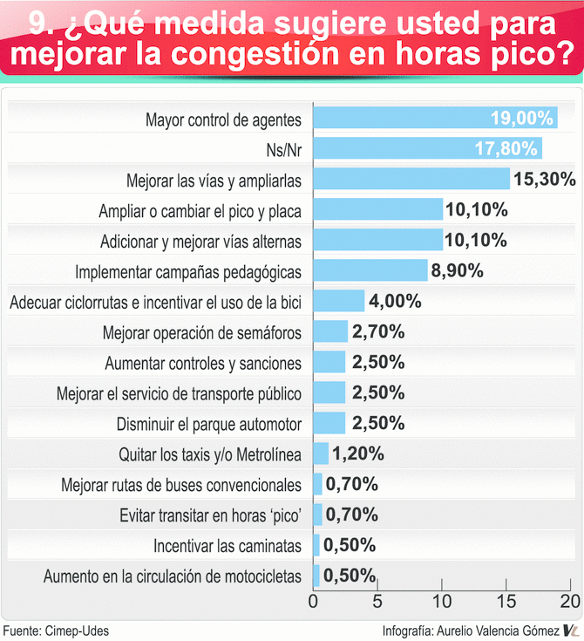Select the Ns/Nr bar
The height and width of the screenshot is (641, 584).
click(x=427, y=148)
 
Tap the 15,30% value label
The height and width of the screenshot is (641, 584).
click(x=545, y=180)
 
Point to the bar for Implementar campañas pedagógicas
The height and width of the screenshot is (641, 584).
click(x=370, y=270)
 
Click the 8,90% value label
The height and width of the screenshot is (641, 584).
click(x=457, y=271)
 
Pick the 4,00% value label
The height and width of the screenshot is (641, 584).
click(x=395, y=302)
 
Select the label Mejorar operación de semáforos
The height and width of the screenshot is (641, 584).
click(x=201, y=332)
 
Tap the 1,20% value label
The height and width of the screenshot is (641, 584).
click(x=359, y=454)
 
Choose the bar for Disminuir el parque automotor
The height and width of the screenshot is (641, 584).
click(x=329, y=424)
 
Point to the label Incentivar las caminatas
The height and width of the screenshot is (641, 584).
click(x=227, y=546)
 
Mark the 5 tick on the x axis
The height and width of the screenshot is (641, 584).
click(x=377, y=602)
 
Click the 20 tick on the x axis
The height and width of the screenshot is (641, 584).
click(x=570, y=602)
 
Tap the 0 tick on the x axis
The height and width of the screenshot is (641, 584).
click(x=314, y=602)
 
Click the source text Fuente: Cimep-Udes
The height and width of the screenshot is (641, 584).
click(x=56, y=630)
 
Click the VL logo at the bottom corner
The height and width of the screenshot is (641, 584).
click(x=572, y=630)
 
